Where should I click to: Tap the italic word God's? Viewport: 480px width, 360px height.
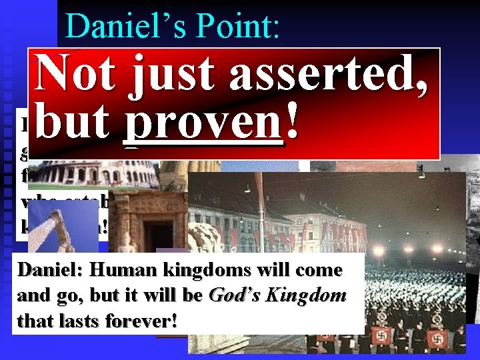coord(232,297)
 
